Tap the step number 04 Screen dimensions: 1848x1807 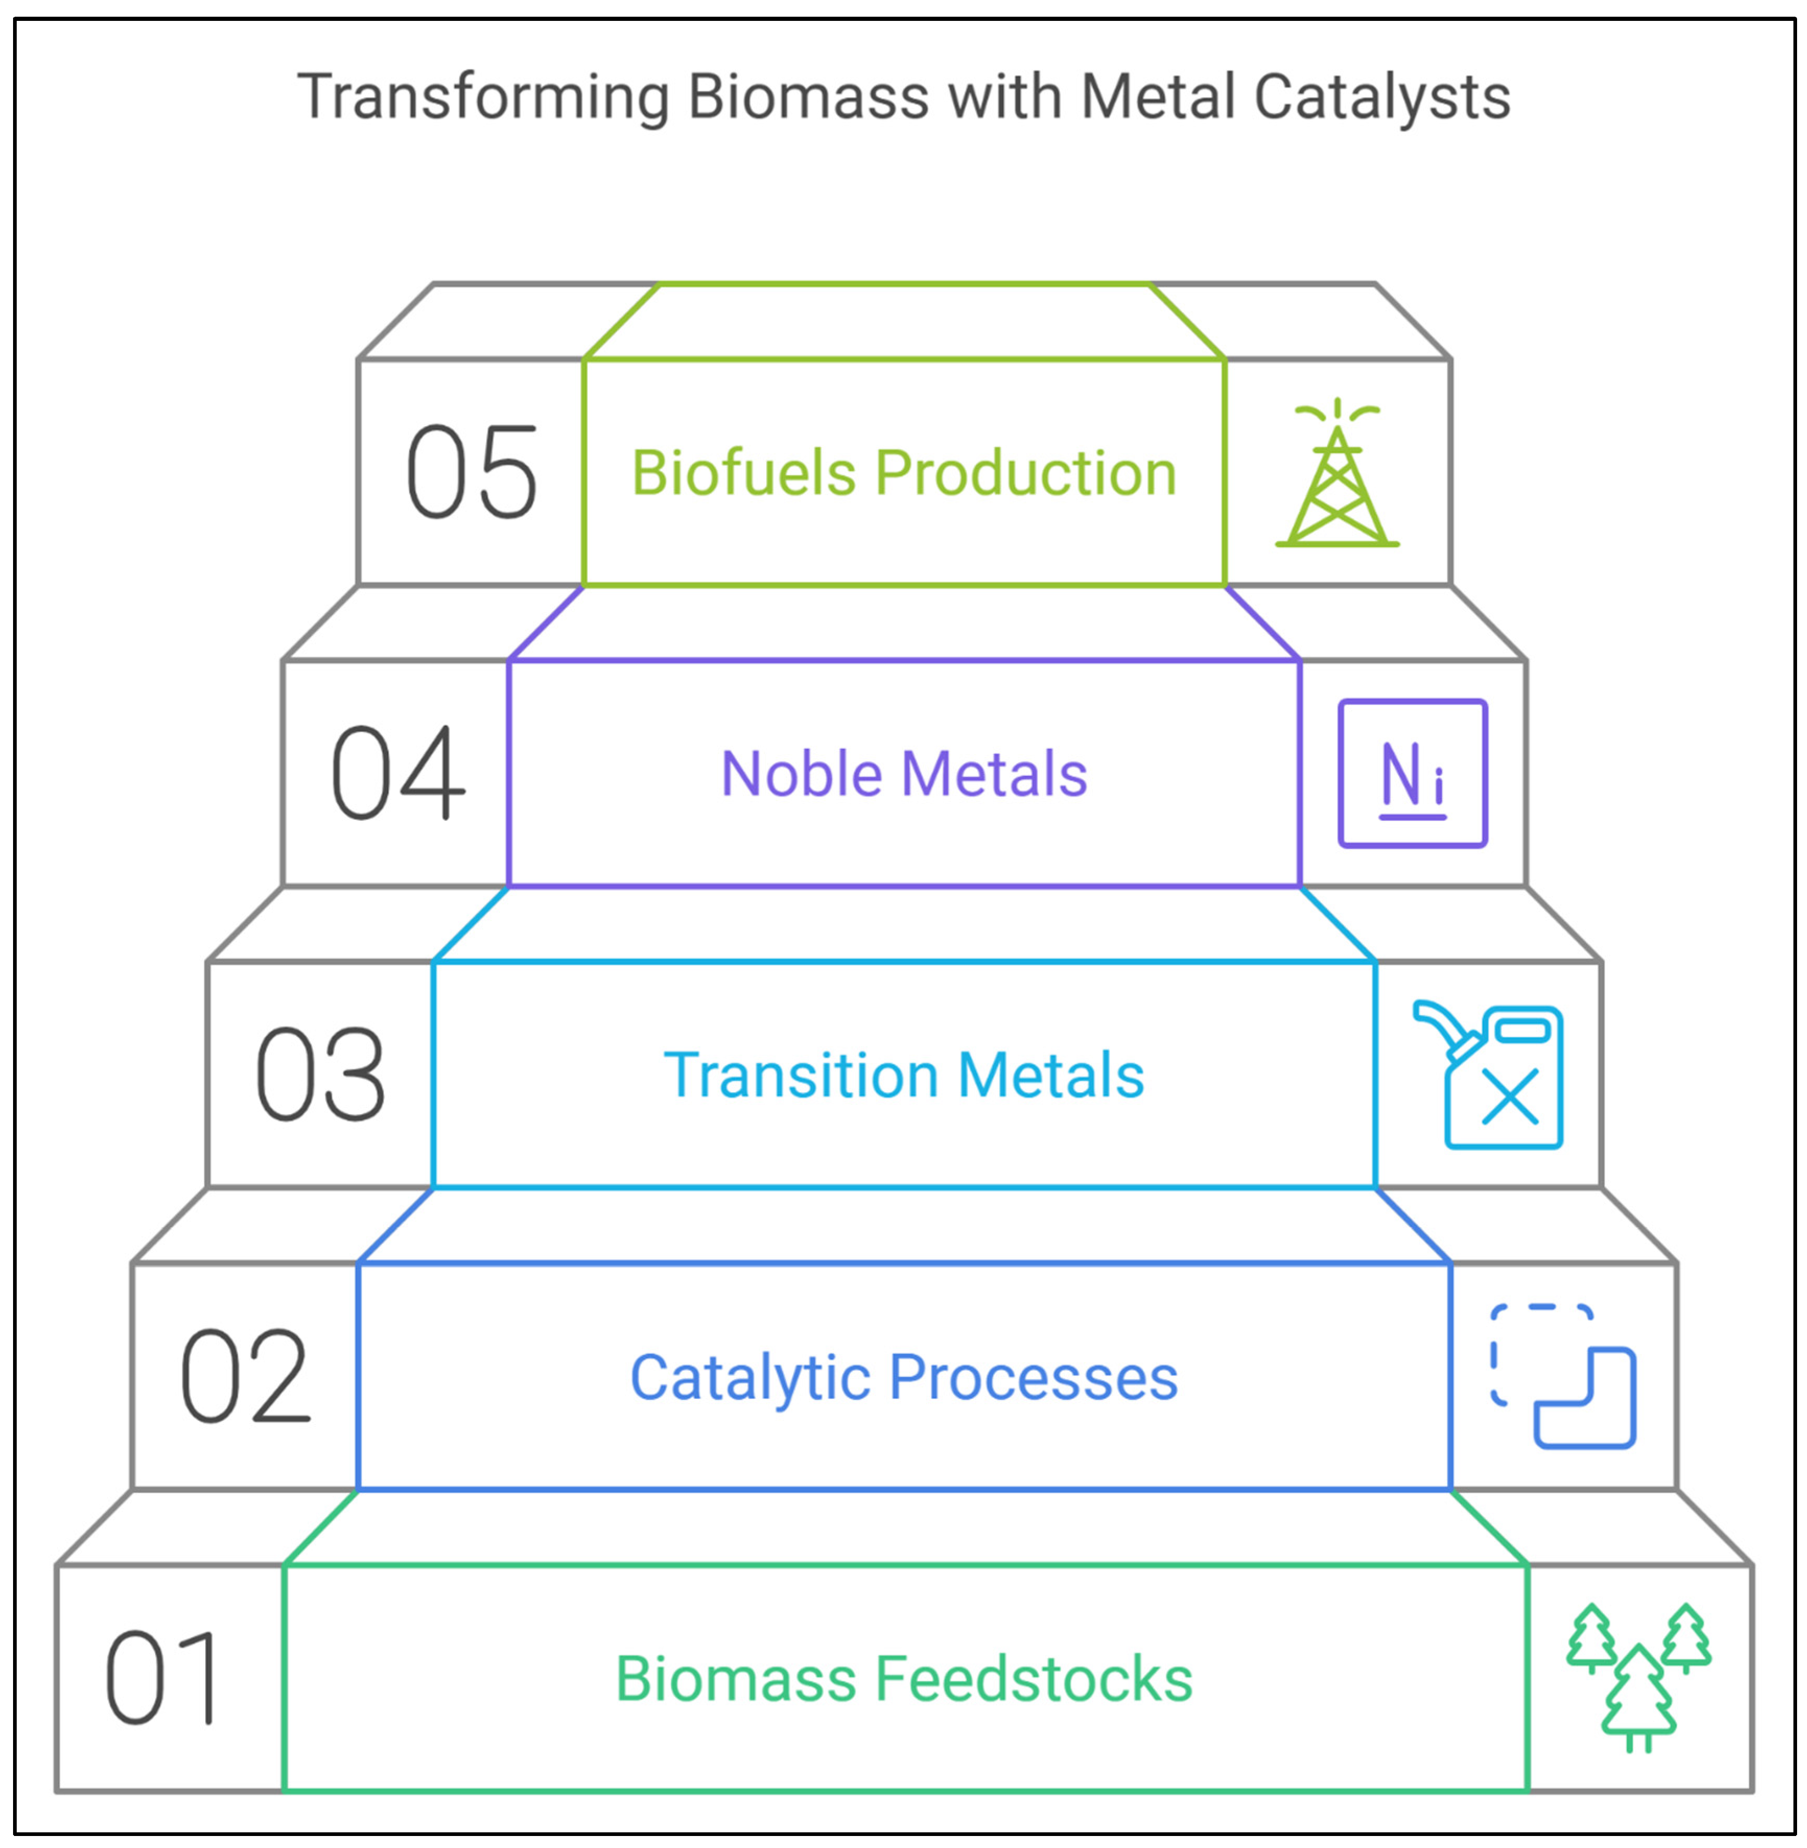[397, 773]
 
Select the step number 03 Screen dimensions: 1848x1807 [321, 1075]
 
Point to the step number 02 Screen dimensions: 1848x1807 [245, 1377]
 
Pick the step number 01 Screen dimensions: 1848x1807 [161, 1679]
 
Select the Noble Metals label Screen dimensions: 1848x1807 [903, 774]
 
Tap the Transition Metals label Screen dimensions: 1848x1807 [903, 1075]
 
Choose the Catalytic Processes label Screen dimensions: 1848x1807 [903, 1377]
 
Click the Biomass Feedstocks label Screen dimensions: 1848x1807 [903, 1679]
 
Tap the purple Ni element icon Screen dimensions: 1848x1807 [1412, 773]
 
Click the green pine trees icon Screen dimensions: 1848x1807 [1639, 1678]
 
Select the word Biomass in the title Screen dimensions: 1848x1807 [807, 98]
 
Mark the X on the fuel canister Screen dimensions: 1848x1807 [1510, 1097]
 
